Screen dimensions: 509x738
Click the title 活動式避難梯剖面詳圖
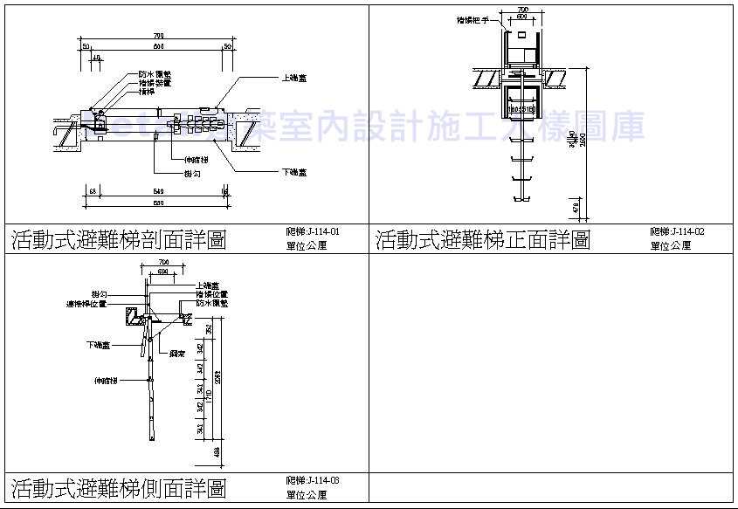(119, 239)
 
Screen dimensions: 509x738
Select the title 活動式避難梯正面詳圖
(483, 239)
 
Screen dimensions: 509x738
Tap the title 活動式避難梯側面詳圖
(119, 487)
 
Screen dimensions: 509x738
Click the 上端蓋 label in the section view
(293, 78)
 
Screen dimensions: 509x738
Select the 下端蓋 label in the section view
(293, 170)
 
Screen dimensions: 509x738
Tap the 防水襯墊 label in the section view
(154, 75)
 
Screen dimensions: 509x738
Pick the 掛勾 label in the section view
(193, 174)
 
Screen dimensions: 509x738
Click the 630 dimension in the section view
(157, 203)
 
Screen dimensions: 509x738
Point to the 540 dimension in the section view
(158, 190)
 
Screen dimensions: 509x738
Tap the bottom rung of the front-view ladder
(521, 200)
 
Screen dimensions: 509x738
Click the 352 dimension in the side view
(208, 329)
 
